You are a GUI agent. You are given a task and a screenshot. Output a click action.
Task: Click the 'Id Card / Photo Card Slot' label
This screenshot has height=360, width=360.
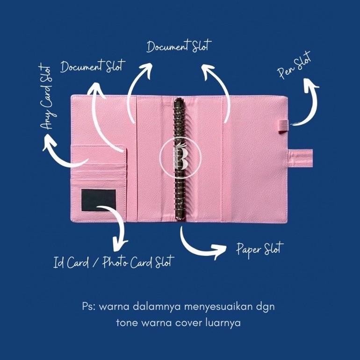[113, 261]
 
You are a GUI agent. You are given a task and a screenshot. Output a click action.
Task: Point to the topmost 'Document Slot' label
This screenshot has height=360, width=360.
[179, 46]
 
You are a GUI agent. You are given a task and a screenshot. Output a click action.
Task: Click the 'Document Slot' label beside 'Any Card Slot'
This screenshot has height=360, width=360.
[93, 66]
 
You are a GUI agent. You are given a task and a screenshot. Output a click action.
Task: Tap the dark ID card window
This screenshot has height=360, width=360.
[98, 200]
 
